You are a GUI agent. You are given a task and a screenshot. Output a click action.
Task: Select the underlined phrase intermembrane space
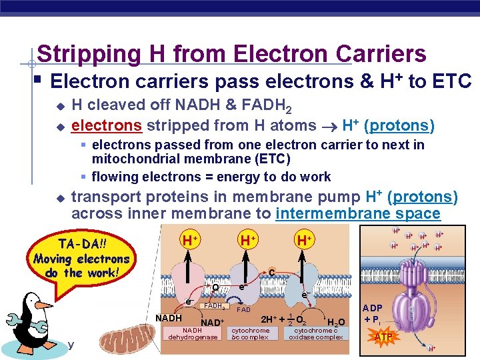pos(357,214)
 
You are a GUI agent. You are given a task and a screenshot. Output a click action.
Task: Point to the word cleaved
pos(117,105)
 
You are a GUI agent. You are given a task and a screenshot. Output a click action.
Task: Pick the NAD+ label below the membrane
pos(211,323)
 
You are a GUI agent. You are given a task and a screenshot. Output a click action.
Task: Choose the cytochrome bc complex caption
pos(251,333)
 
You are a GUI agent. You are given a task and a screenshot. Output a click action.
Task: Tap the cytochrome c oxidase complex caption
pos(316,333)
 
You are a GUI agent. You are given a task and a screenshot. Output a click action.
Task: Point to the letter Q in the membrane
pos(216,288)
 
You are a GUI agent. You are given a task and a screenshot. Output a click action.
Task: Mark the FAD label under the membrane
pos(243,310)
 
